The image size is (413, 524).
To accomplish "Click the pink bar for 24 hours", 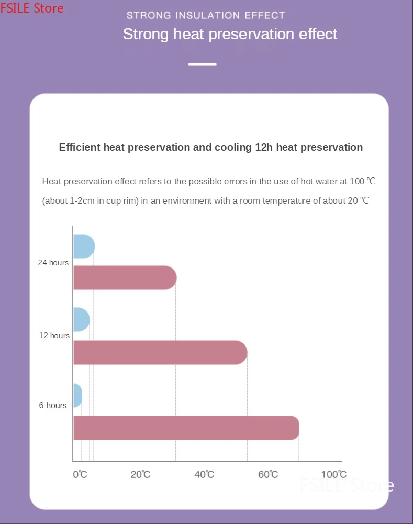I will (x=125, y=277).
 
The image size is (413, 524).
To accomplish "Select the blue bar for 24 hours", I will (x=83, y=246).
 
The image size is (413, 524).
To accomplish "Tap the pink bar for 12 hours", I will (x=160, y=352).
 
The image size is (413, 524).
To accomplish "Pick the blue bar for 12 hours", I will (x=81, y=319).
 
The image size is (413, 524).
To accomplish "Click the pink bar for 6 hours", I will (x=186, y=428).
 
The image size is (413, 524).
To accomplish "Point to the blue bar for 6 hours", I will (x=77, y=395).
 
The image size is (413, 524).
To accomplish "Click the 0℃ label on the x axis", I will (x=80, y=474).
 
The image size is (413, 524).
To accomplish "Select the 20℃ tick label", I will (x=140, y=474).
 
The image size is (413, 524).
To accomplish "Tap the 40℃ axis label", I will (x=204, y=474).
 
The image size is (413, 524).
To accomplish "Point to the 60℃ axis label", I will (x=268, y=474).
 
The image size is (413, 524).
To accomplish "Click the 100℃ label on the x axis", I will (x=333, y=474).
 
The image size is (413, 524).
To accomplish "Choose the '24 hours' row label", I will (x=53, y=263).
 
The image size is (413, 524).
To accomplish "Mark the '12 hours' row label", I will (x=54, y=335).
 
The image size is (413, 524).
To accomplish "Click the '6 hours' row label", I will (x=53, y=405).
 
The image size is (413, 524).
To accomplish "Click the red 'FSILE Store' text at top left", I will (x=32, y=8).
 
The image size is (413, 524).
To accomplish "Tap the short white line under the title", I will (x=202, y=64).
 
